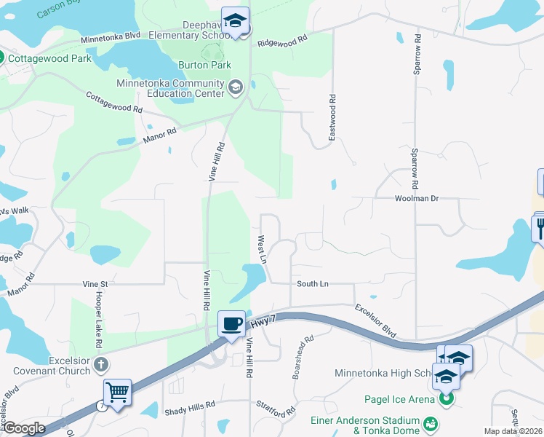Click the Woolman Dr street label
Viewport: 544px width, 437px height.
[417, 198]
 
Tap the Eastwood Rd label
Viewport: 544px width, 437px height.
[332, 118]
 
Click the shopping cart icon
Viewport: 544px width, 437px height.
[117, 393]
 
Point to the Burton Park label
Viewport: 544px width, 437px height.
[204, 65]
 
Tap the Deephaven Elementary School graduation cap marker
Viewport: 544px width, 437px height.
[235, 22]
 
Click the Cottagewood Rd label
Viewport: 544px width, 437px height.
[114, 101]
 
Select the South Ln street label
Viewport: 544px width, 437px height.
[313, 283]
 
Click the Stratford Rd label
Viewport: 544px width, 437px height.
[275, 407]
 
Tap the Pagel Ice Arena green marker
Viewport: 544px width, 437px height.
[446, 399]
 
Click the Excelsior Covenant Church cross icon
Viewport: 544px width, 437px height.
[101, 363]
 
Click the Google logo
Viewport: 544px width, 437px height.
[24, 428]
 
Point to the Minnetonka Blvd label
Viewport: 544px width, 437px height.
[110, 36]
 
